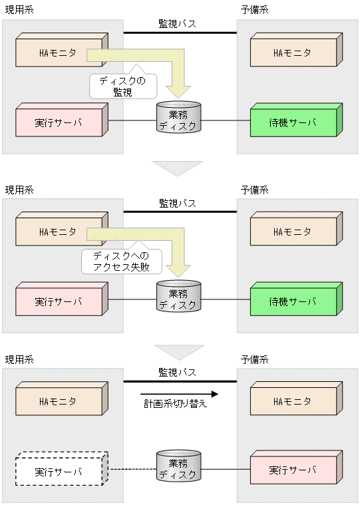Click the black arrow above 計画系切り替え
[x=179, y=393]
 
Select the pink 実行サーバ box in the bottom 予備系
[x=292, y=470]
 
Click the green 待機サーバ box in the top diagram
[x=293, y=122]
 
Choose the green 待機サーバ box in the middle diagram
[x=293, y=301]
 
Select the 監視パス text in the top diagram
[x=177, y=23]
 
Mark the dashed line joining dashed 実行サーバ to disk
[x=131, y=470]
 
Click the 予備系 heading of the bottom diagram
[x=254, y=359]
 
